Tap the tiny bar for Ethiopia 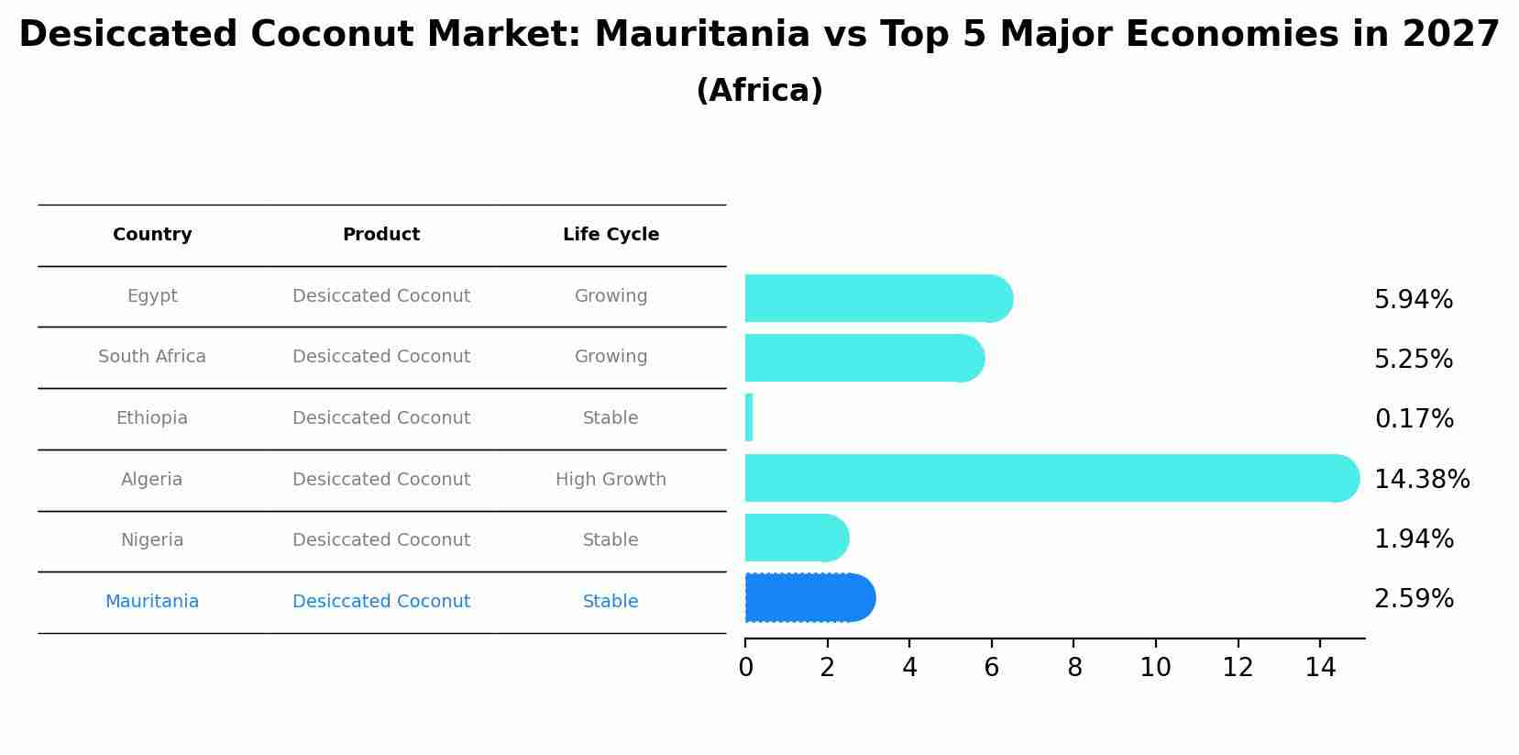click(749, 418)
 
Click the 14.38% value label click(1421, 479)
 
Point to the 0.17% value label click(1414, 419)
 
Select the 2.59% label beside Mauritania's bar click(1414, 599)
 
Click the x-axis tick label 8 click(1073, 668)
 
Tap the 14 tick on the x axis click(1320, 668)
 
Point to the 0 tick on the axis click(745, 668)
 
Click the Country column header click(152, 235)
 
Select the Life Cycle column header click(611, 235)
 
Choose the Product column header click(381, 235)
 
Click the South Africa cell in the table click(152, 357)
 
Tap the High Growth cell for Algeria click(611, 480)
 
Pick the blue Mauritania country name click(152, 602)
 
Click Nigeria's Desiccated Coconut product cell click(381, 540)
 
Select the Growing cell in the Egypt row click(611, 296)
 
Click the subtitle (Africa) click(759, 91)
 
